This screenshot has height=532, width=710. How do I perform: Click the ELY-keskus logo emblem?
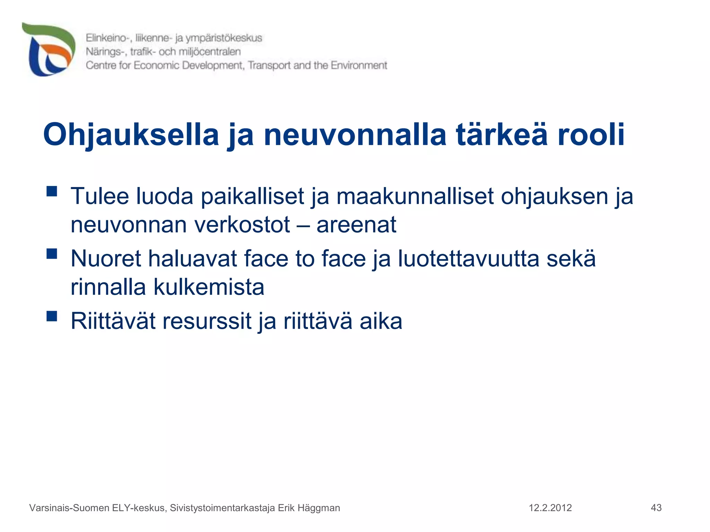coord(49,50)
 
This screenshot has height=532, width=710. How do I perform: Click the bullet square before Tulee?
coord(52,192)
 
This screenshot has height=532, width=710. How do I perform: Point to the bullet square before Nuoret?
coord(52,254)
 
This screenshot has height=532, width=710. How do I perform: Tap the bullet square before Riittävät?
coord(52,316)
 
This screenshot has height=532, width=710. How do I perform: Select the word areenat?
coord(356,225)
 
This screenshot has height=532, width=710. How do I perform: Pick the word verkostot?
coord(242,225)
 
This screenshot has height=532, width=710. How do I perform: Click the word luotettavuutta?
coord(468,259)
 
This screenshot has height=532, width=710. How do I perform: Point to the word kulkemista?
coord(209,287)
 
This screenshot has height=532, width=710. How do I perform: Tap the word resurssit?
coord(207,321)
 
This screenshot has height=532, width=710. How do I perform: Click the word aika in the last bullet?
coord(381,321)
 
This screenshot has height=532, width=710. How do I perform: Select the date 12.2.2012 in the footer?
coord(550,508)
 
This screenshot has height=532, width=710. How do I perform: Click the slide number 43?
coord(656,508)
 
